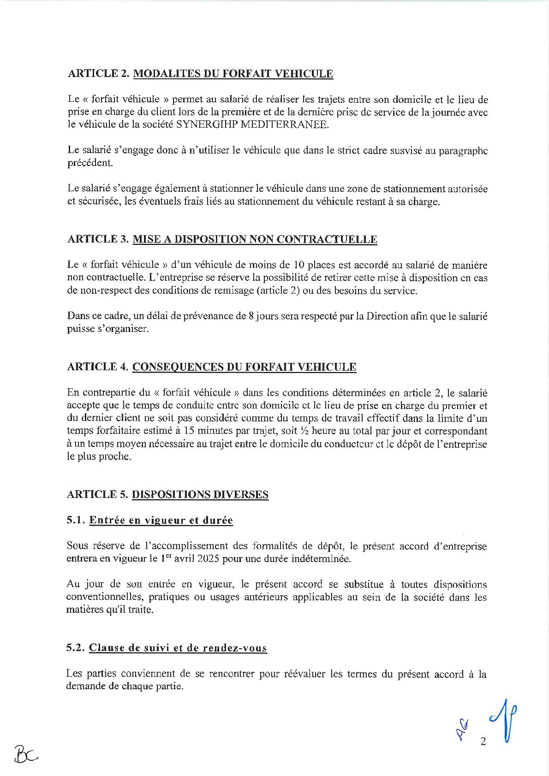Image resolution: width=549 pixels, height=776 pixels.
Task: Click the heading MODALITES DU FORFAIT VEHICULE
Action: (233, 74)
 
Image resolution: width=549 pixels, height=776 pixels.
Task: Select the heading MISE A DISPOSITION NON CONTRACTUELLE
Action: (255, 239)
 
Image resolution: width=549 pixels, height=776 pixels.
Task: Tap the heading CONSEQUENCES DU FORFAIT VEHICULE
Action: (244, 367)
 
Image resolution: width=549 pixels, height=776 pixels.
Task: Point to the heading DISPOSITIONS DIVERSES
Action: (200, 495)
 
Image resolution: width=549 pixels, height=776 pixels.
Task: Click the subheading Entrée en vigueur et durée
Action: (161, 521)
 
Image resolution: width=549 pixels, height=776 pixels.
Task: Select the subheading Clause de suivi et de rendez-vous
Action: (178, 648)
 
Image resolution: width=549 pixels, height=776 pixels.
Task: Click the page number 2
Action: (483, 742)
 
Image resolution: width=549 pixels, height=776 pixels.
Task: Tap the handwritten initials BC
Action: (26, 756)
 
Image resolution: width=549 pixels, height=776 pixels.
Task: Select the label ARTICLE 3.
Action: (97, 239)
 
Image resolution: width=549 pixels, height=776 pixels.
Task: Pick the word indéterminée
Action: (316, 559)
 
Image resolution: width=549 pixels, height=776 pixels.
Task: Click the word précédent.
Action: (90, 164)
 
